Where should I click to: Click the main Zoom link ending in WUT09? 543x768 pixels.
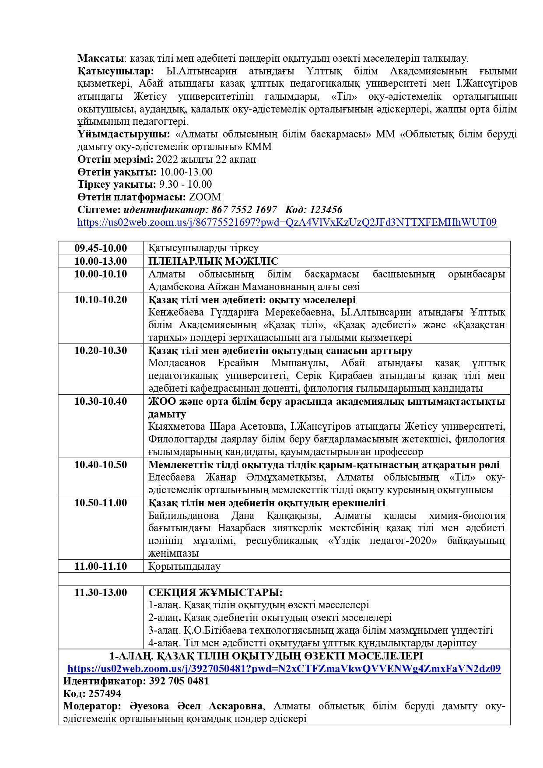pyautogui.click(x=287, y=222)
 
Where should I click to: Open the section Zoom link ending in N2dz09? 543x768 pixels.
pyautogui.click(x=284, y=669)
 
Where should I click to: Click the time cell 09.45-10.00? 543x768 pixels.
pyautogui.click(x=101, y=248)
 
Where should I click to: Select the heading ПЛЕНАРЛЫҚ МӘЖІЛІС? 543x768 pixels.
pyautogui.click(x=213, y=261)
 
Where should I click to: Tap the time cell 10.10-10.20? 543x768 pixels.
pyautogui.click(x=101, y=300)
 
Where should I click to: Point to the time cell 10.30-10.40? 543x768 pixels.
pyautogui.click(x=101, y=401)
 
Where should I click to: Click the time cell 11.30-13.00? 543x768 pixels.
pyautogui.click(x=101, y=593)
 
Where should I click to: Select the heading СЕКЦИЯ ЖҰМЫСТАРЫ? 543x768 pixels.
pyautogui.click(x=215, y=593)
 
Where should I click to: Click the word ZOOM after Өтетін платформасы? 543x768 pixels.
pyautogui.click(x=205, y=197)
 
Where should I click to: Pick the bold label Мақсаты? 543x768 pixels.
pyautogui.click(x=99, y=58)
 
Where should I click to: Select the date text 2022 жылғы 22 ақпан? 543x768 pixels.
pyautogui.click(x=206, y=159)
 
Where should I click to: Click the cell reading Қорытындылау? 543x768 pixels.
pyautogui.click(x=184, y=566)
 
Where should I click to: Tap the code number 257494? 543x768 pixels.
pyautogui.click(x=105, y=694)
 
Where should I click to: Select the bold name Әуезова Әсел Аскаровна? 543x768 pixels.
pyautogui.click(x=196, y=706)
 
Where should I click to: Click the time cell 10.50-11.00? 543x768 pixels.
pyautogui.click(x=101, y=503)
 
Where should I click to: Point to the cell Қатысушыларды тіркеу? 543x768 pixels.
pyautogui.click(x=203, y=248)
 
